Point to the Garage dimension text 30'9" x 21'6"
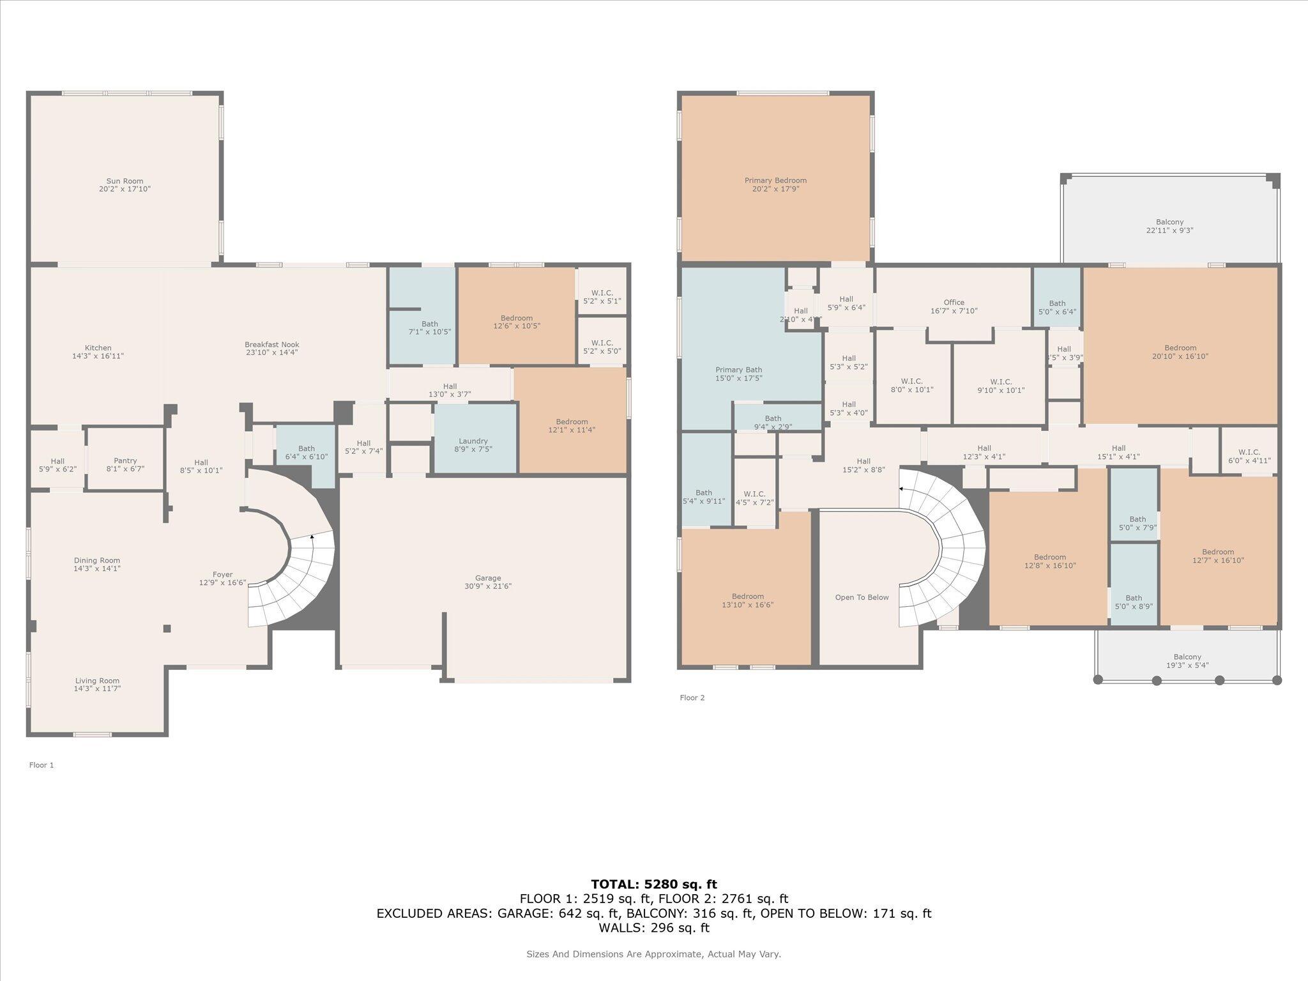[488, 586]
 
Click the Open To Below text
[862, 598]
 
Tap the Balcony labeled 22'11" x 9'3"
[1169, 226]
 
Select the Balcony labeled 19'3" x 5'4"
[1187, 661]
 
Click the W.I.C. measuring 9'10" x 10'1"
[1001, 386]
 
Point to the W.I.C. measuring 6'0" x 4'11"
[1249, 456]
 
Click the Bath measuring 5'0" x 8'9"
[1134, 602]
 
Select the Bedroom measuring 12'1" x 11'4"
[572, 426]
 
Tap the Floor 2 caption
[692, 698]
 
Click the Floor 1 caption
[42, 765]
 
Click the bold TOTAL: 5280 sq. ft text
[653, 884]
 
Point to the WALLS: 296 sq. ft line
[653, 927]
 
